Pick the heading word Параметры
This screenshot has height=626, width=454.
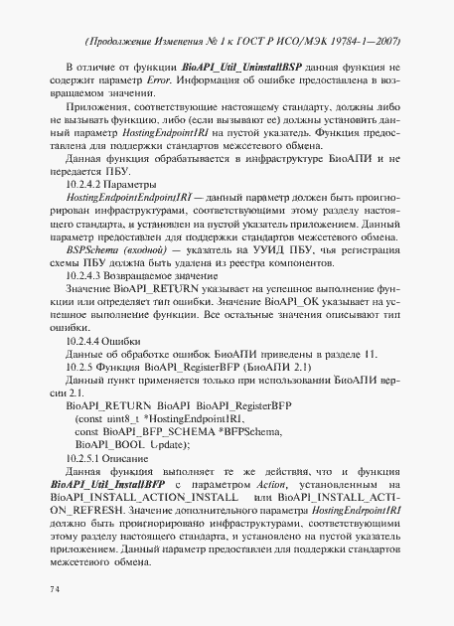[x=131, y=186]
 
